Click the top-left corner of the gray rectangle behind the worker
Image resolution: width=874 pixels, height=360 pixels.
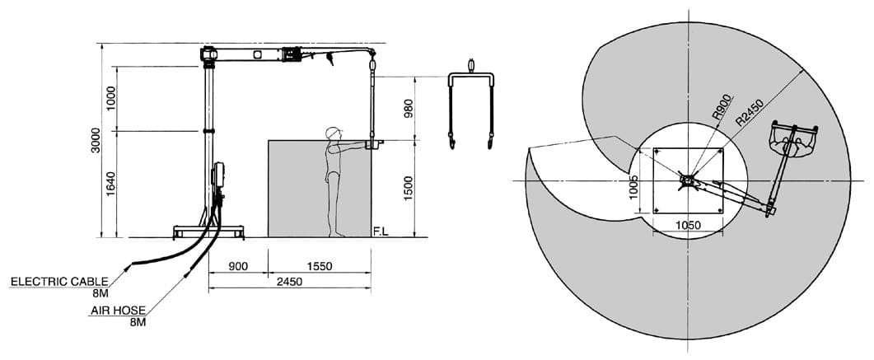click(x=268, y=140)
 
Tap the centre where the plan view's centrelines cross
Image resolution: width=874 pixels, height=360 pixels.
click(x=689, y=180)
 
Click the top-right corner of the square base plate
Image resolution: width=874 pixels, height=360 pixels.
click(x=723, y=147)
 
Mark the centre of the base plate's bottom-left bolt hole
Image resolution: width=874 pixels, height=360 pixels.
click(x=657, y=210)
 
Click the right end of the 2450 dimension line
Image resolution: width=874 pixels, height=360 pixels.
click(x=371, y=289)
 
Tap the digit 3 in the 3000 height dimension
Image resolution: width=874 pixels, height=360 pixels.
click(x=96, y=149)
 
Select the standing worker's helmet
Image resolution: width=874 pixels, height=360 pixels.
click(x=334, y=133)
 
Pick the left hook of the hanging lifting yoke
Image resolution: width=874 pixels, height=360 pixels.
click(x=451, y=141)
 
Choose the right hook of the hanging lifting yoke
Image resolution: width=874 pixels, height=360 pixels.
click(x=490, y=141)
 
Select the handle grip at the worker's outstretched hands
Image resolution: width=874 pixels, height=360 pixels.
click(x=373, y=145)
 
